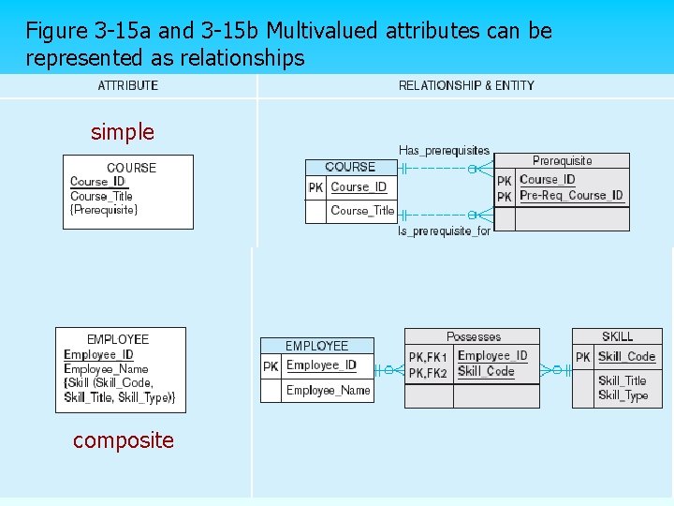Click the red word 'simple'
pos(123,132)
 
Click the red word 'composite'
pos(124,439)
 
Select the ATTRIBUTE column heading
pos(128,85)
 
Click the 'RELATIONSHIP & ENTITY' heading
pos(466,85)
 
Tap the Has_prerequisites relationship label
pos(444,150)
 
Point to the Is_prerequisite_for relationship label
pos(445,231)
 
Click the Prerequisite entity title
pos(562,161)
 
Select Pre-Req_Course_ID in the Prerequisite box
pos(571,196)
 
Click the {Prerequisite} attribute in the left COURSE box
pos(104,210)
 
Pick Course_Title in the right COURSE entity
pos(362,211)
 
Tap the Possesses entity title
pos(473,336)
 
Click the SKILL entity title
pos(617,336)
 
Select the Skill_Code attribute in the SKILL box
pos(626,356)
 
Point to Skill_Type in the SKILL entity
pos(623,394)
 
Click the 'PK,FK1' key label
pos(428,357)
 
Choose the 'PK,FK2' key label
pos(428,373)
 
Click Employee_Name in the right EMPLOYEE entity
pos(328,390)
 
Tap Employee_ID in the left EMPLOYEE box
pos(98,355)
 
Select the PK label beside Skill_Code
pos(583,357)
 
